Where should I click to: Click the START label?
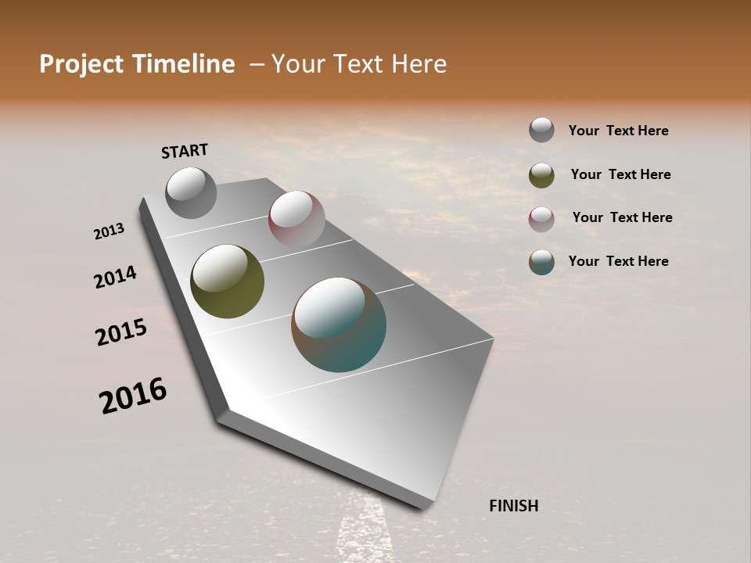tap(185, 151)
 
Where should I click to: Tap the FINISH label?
tap(513, 506)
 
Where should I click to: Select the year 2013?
tap(110, 231)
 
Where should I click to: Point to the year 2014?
tap(115, 277)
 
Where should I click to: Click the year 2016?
tap(133, 396)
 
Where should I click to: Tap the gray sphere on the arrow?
tap(191, 192)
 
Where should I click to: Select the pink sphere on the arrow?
tap(296, 218)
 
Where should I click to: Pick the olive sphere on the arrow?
tap(227, 281)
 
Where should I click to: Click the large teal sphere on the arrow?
tap(339, 325)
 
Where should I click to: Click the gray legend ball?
tap(541, 130)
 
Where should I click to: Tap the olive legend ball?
tap(541, 175)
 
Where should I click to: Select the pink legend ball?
tap(541, 219)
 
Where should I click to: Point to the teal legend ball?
tap(541, 262)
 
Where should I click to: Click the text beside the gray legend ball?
tap(618, 131)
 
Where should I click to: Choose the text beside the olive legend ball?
tap(620, 174)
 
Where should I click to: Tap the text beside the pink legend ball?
tap(622, 217)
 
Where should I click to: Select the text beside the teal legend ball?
tap(618, 261)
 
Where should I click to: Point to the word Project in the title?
tap(81, 64)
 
